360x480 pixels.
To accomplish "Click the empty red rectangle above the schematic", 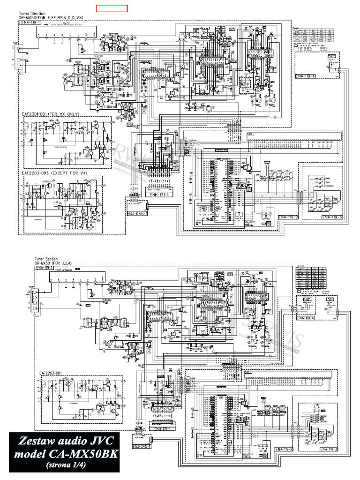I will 112,8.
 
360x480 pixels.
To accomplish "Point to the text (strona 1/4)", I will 63,465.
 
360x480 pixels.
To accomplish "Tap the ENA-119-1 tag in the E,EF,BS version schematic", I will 30,22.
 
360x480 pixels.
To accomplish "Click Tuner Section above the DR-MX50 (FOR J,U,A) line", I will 45,259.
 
